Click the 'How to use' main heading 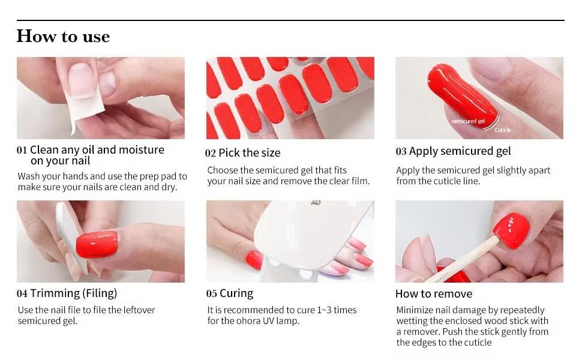tap(63, 37)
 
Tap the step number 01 tap(22, 150)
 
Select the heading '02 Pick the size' tap(243, 152)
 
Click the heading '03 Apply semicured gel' tap(453, 151)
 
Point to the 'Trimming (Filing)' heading tap(73, 293)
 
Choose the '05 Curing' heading tap(230, 293)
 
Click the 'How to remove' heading tap(434, 294)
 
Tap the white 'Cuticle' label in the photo tap(503, 130)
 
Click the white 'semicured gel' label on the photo tap(468, 121)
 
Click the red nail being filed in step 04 tap(97, 244)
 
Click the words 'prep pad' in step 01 tap(160, 176)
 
